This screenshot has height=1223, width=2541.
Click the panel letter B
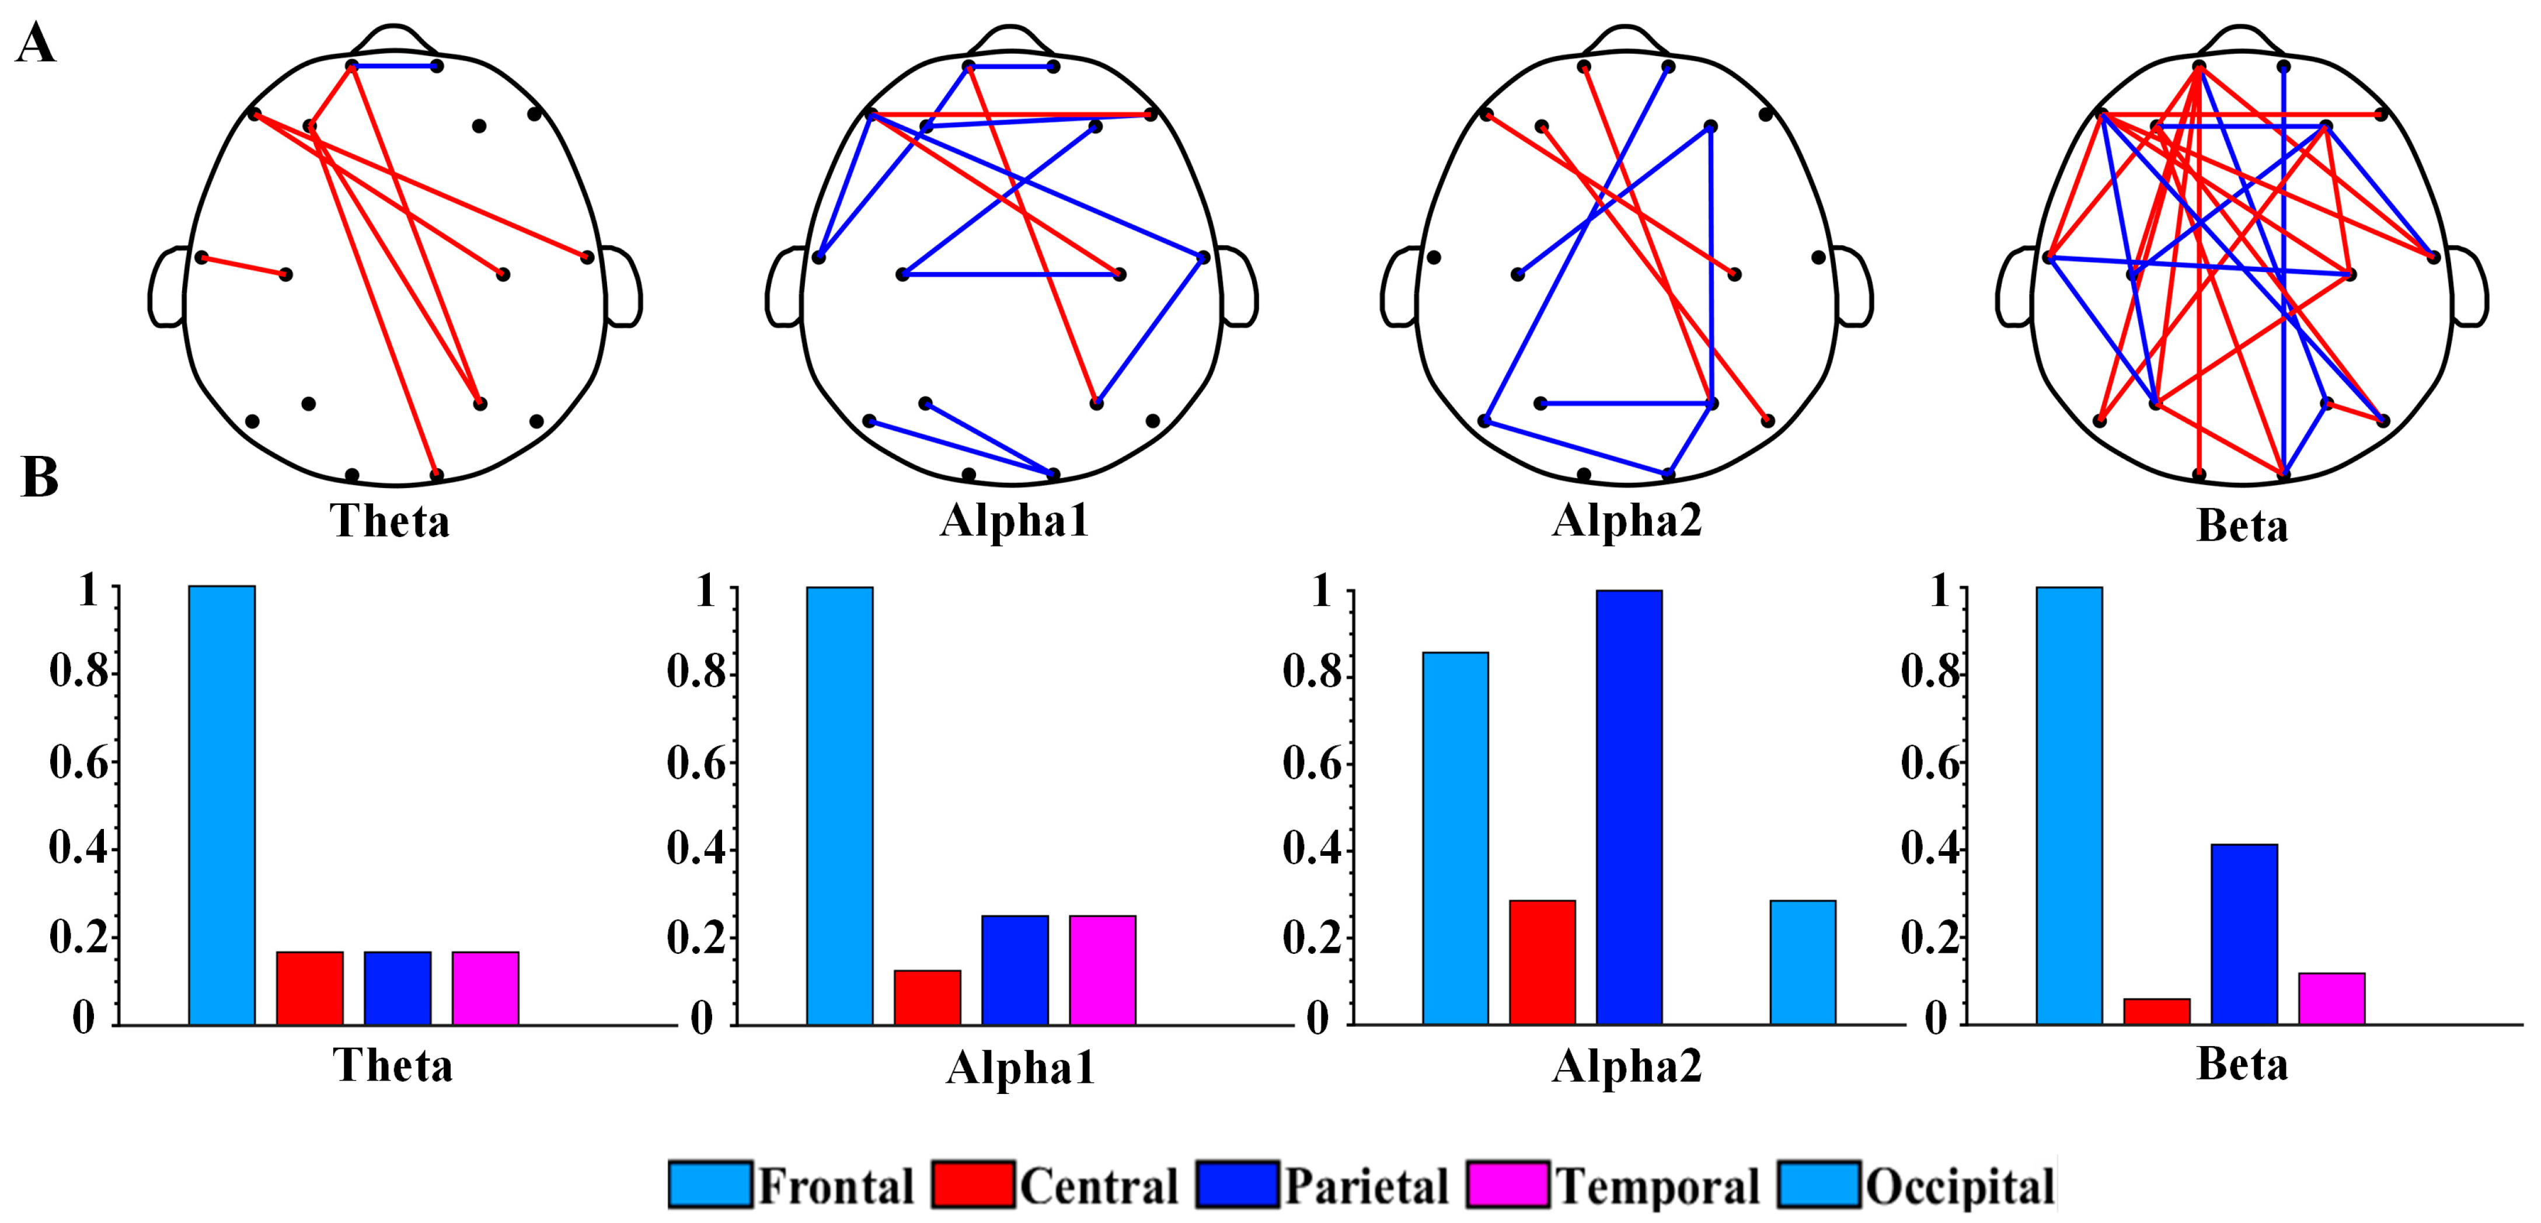click(x=40, y=478)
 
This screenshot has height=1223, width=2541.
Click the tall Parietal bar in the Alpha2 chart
click(x=1629, y=807)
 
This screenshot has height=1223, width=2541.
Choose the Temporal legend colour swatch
click(x=1507, y=1184)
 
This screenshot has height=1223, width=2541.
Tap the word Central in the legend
click(x=1099, y=1186)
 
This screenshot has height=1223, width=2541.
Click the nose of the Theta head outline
click(x=395, y=36)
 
